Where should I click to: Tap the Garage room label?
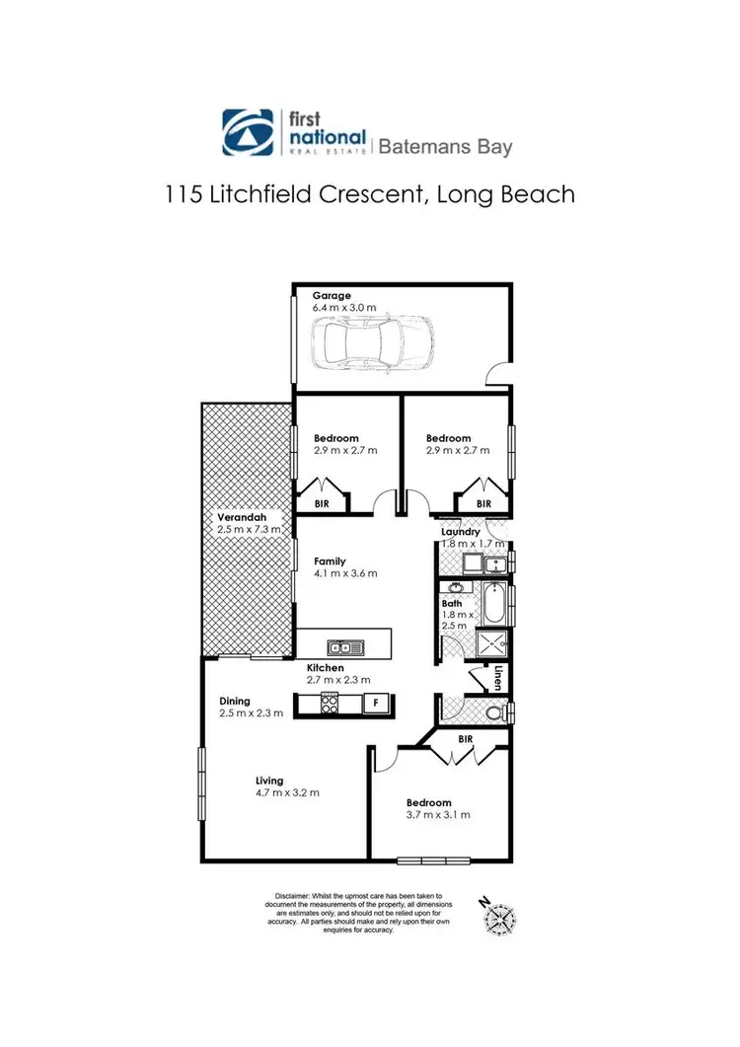[332, 295]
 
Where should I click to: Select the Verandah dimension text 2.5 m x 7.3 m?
[249, 529]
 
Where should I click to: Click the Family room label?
[331, 561]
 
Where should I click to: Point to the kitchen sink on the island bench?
[345, 647]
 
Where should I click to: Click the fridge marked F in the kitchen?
[374, 703]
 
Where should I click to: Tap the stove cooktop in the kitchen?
[329, 703]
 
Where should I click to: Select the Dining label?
[236, 702]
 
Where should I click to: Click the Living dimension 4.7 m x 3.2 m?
[286, 792]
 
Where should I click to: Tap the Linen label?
[499, 679]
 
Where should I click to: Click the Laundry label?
[461, 532]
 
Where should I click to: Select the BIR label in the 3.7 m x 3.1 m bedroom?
[468, 738]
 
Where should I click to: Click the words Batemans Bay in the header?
[446, 147]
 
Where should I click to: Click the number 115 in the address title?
[186, 193]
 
